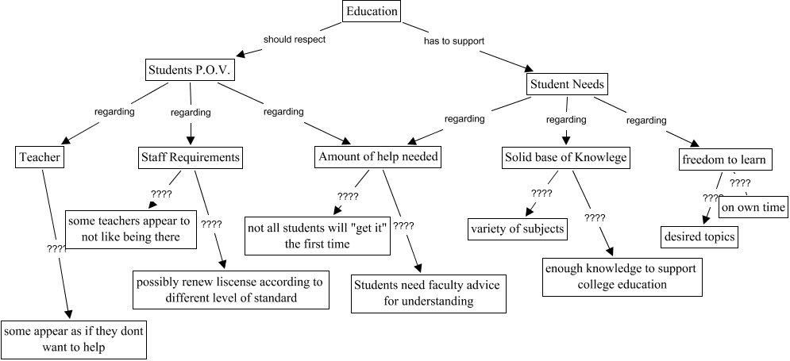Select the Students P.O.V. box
(191, 71)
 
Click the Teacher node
(38, 158)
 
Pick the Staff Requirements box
(189, 157)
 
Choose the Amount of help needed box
(377, 157)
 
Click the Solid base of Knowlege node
(566, 157)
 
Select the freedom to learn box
(723, 160)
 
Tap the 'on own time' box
(753, 208)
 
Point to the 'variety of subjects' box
(517, 229)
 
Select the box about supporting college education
(622, 276)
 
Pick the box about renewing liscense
(230, 290)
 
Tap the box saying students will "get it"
(317, 235)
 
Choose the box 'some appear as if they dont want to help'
(73, 339)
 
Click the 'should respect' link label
(295, 39)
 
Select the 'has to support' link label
(454, 40)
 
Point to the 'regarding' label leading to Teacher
(114, 112)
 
